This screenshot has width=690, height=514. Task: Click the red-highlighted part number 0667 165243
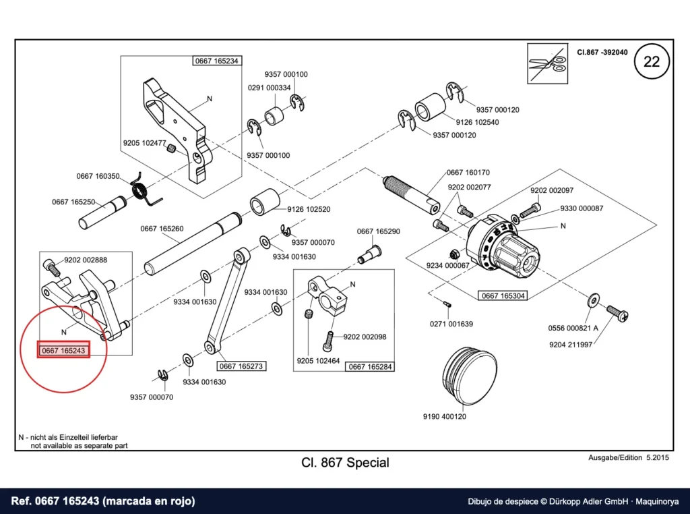63,351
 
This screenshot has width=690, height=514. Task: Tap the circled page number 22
652,61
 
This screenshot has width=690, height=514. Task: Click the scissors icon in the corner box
547,63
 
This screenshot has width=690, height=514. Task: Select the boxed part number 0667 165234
216,61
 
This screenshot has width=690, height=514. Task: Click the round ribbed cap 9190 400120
470,375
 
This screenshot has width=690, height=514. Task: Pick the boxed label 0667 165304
503,295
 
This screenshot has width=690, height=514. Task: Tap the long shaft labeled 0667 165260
193,244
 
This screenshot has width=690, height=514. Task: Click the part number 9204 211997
571,345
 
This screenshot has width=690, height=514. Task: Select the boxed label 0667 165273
241,366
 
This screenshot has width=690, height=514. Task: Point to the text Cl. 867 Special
346,463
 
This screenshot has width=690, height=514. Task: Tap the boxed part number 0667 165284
370,366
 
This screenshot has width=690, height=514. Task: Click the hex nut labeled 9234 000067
453,254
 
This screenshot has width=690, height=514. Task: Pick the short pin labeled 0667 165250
102,214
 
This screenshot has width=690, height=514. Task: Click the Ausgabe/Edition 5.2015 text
629,457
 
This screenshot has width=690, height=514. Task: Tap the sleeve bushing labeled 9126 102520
265,202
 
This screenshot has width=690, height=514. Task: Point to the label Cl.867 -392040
602,52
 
